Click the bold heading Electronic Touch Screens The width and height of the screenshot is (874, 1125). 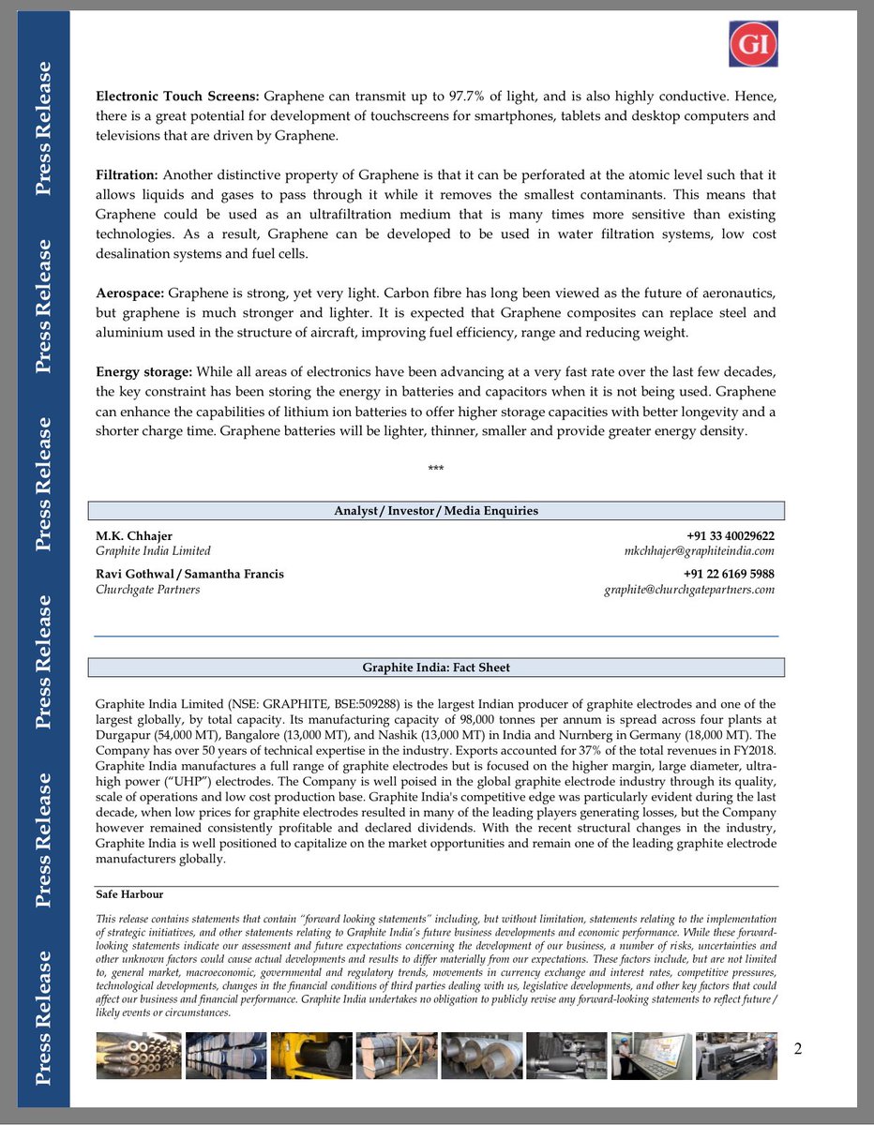[x=177, y=97]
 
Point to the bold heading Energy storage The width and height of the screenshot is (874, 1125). [x=143, y=372]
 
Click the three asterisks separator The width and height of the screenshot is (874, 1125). [x=435, y=469]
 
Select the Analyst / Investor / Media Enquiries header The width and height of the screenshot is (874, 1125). [x=436, y=511]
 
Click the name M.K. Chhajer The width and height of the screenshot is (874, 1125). [x=133, y=535]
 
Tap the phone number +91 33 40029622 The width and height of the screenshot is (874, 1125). [x=730, y=535]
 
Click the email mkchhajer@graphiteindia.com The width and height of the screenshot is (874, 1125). [x=699, y=551]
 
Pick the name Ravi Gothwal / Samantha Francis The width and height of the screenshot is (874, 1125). [x=189, y=574]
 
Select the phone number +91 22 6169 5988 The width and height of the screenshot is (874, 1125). [x=729, y=574]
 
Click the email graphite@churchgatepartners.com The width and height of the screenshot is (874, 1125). [x=687, y=590]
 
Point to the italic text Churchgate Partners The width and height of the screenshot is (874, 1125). [x=147, y=590]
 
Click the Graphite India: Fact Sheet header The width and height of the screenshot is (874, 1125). [x=436, y=667]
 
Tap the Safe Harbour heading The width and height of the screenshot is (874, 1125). [x=129, y=894]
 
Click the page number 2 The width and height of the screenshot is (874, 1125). [x=798, y=1048]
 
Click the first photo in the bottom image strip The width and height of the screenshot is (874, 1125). [x=138, y=1056]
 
